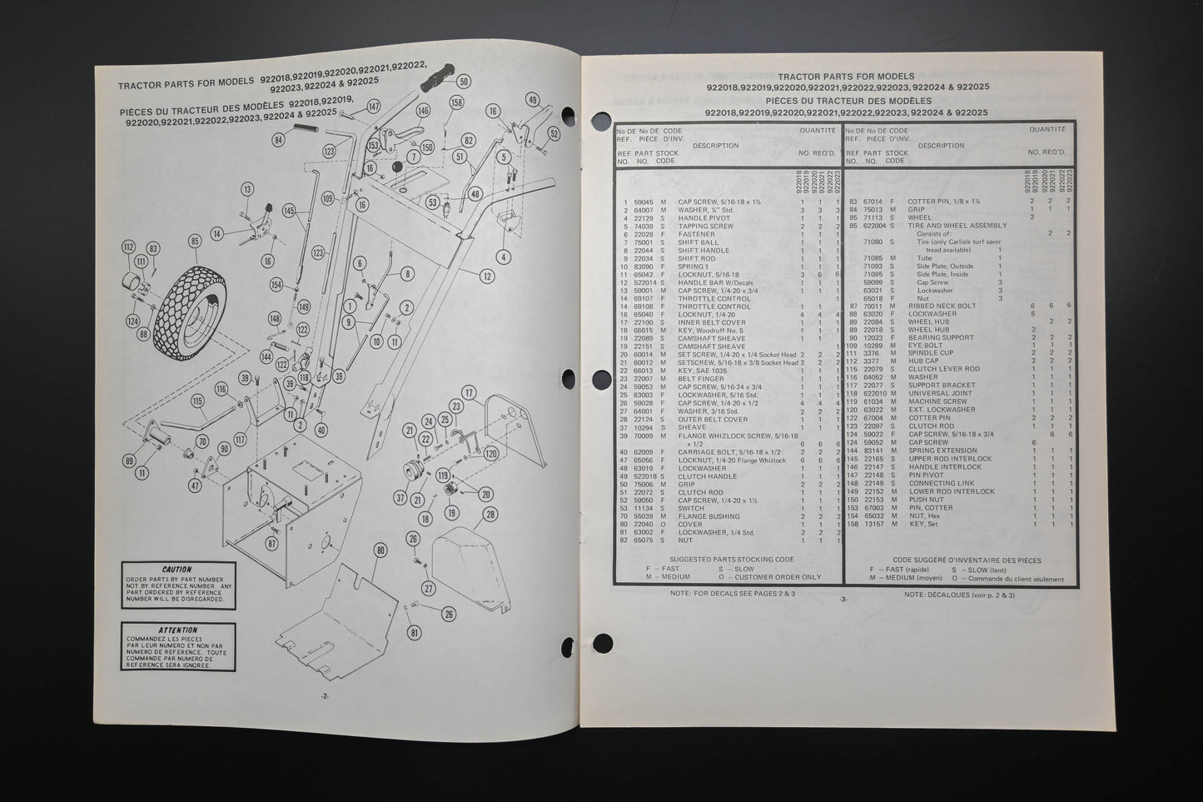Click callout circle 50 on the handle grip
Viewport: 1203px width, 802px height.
(464, 81)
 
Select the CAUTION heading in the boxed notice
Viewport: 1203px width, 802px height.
(176, 570)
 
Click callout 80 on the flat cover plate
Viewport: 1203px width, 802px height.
(380, 550)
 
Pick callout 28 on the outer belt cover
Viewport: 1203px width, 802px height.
(490, 516)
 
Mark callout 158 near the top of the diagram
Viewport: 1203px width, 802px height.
(455, 102)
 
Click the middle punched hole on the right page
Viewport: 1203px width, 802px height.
(602, 380)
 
